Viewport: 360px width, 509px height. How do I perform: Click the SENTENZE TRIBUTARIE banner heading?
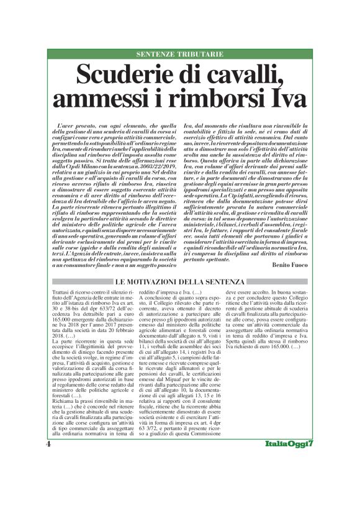(180, 55)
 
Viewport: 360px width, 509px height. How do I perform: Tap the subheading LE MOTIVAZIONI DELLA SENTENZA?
(179, 283)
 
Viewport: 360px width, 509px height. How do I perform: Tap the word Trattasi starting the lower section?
(63, 292)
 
